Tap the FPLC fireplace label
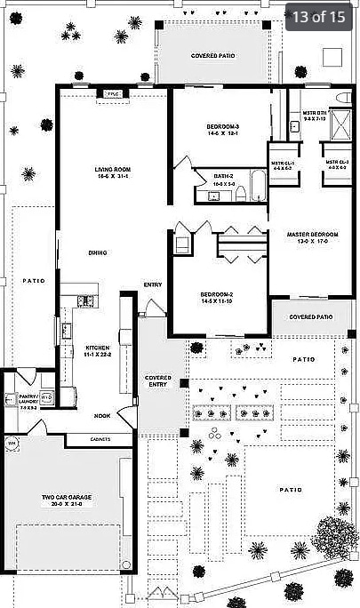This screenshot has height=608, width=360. point(113,93)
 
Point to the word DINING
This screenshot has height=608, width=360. point(97,253)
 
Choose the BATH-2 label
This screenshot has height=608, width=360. point(223,179)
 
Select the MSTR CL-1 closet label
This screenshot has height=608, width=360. point(284,165)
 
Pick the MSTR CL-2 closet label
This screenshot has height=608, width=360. point(337,165)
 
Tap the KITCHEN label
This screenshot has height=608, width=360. point(97,350)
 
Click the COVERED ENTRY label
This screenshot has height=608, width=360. point(157,380)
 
